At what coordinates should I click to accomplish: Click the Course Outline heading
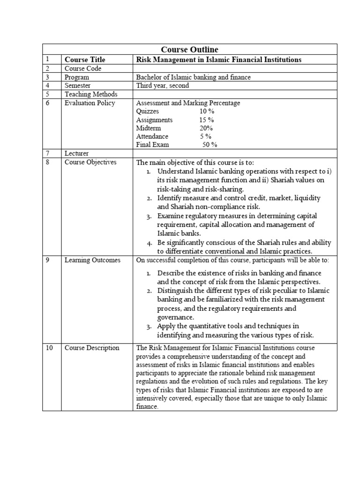point(189,50)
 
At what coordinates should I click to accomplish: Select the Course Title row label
point(85,60)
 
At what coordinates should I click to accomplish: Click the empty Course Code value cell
point(234,68)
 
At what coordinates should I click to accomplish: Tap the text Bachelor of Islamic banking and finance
point(193,77)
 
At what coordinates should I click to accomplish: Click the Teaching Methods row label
point(91,94)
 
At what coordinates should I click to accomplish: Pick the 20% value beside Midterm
point(206,128)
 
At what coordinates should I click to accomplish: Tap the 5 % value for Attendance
point(206,136)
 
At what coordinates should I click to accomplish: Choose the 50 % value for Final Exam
point(210,145)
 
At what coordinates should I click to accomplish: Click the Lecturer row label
point(76,153)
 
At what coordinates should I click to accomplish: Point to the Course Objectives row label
point(90,162)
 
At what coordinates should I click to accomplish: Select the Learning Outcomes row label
point(92,260)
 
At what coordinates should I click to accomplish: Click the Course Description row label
point(92,348)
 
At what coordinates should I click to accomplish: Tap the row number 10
point(49,348)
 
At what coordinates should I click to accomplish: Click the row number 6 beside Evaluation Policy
point(47,103)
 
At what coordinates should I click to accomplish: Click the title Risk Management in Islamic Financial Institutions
point(218,60)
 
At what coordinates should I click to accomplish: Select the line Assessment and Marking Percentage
point(187,103)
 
